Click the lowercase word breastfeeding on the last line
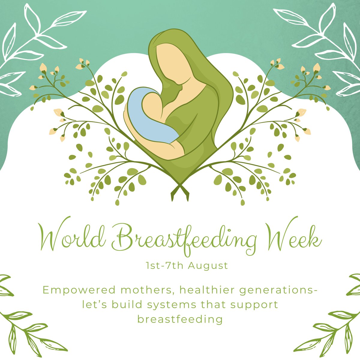180,319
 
